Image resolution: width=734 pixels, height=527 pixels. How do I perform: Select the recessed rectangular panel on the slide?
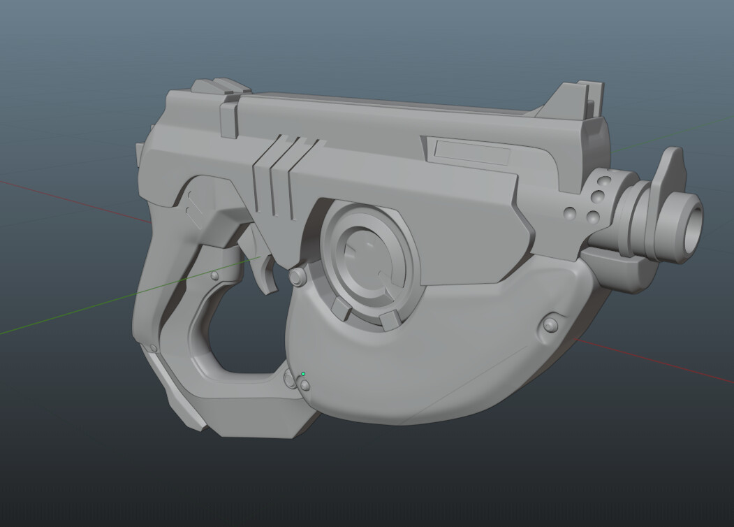[x=472, y=151]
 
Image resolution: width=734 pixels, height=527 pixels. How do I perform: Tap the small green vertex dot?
[x=303, y=374]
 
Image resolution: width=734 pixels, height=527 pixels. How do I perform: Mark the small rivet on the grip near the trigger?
[x=214, y=277]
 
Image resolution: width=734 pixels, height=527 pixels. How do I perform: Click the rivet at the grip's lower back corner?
[x=152, y=347]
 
